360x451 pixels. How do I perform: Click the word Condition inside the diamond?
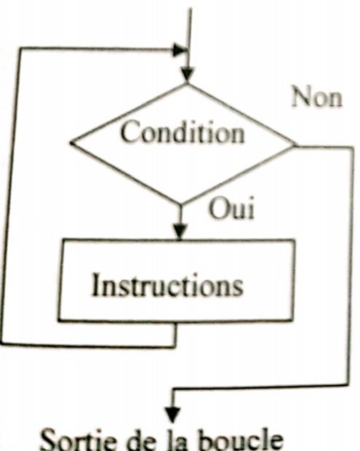point(183,132)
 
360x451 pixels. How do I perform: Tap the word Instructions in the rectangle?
point(167,285)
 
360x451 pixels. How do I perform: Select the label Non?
point(317,97)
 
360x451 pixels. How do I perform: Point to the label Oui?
point(232,208)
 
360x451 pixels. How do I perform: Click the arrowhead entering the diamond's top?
point(187,74)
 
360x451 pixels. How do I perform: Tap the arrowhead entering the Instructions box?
point(180,232)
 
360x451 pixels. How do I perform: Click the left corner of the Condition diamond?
point(70,142)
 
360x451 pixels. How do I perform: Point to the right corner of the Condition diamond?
point(296,146)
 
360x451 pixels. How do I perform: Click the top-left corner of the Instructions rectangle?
point(62,240)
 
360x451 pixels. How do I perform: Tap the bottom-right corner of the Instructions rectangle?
point(293,320)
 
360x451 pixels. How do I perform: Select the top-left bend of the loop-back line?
point(20,49)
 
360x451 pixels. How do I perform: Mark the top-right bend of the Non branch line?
point(352,148)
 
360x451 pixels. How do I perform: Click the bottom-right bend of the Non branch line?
point(348,385)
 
